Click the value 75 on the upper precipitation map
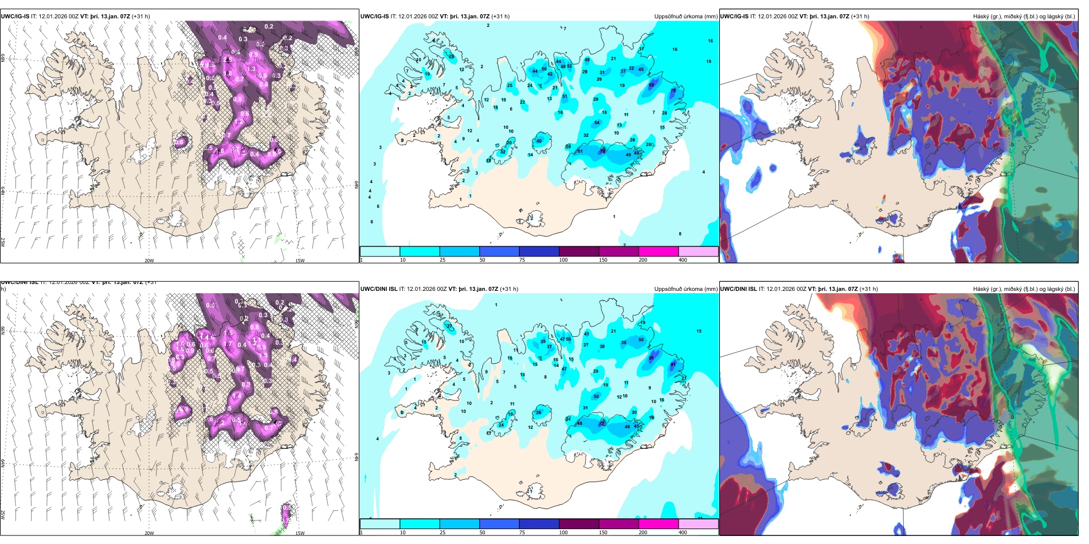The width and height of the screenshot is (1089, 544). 673,90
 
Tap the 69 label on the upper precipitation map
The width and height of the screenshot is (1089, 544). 651,85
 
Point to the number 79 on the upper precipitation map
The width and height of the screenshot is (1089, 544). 602,151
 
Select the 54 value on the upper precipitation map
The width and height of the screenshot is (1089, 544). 597,123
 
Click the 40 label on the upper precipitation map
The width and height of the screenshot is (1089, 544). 539,141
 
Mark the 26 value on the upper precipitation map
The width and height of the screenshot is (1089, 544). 452,56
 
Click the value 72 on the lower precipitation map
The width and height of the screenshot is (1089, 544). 602,424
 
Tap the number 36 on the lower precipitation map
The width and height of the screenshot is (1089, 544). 538,412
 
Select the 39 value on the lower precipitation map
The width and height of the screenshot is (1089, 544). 543,341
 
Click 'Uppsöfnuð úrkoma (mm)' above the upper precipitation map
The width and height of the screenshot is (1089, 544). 685,17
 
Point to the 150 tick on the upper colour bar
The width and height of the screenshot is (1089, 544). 602,260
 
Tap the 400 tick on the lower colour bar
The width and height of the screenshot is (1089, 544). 683,533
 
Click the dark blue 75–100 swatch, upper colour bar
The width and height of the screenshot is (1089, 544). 539,251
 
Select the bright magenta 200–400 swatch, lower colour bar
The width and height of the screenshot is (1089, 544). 658,524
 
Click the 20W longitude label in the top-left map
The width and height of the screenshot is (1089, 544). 149,261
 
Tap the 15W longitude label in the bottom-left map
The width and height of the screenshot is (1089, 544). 300,533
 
